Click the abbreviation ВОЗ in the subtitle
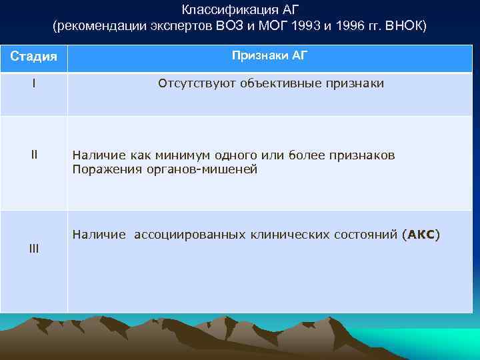pos(231,26)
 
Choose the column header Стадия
pos(33,56)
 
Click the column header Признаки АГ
pos(269,55)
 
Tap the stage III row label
pos(33,249)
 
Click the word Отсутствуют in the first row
pos(190,83)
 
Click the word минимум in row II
pos(173,155)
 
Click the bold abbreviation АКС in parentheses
pos(421,235)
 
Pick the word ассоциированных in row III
pos(189,235)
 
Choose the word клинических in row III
pos(289,235)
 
